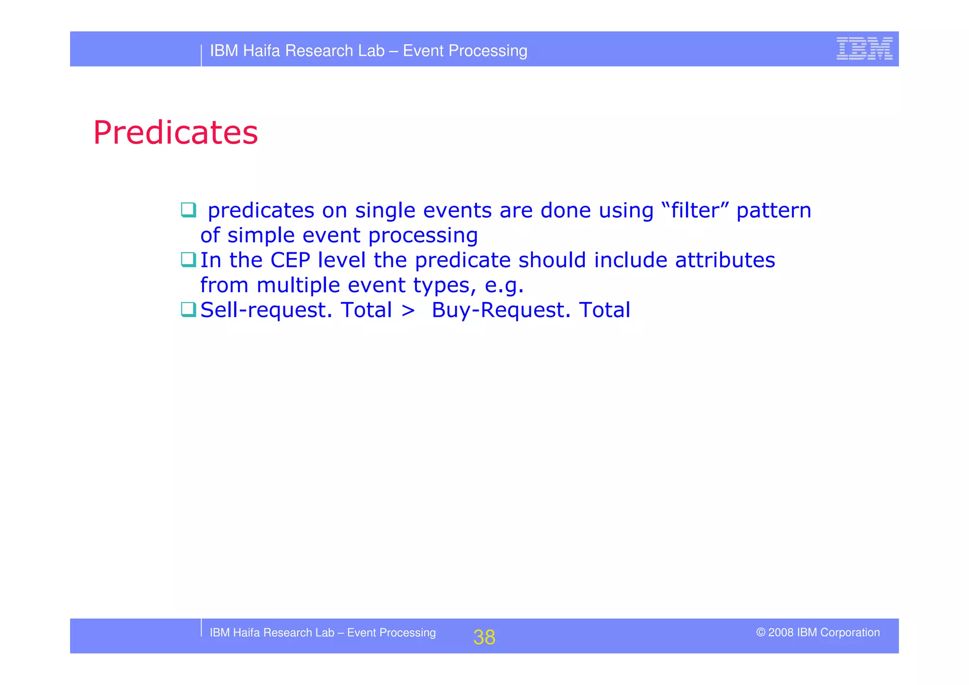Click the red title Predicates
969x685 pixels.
[x=176, y=133]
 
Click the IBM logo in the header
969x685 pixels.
[x=864, y=49]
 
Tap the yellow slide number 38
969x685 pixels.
[x=484, y=637]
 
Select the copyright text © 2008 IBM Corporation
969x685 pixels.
[x=818, y=632]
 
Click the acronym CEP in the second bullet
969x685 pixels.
[x=290, y=260]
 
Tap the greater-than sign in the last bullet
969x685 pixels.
[x=408, y=311]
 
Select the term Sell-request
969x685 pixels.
[x=266, y=310]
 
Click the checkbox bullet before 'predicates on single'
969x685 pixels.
[x=188, y=210]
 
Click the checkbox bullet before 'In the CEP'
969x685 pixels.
[x=188, y=259]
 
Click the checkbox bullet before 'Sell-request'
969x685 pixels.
[x=188, y=310]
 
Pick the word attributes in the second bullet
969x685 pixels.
[x=725, y=260]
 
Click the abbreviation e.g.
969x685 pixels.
[x=504, y=285]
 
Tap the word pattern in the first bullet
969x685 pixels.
[x=774, y=210]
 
